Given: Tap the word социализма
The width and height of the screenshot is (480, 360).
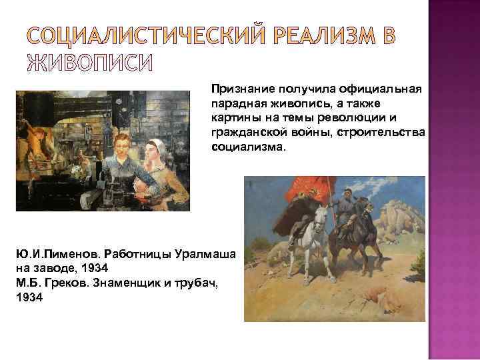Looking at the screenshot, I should click(247, 148).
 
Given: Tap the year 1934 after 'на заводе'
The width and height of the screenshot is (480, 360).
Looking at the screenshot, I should click(98, 270).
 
